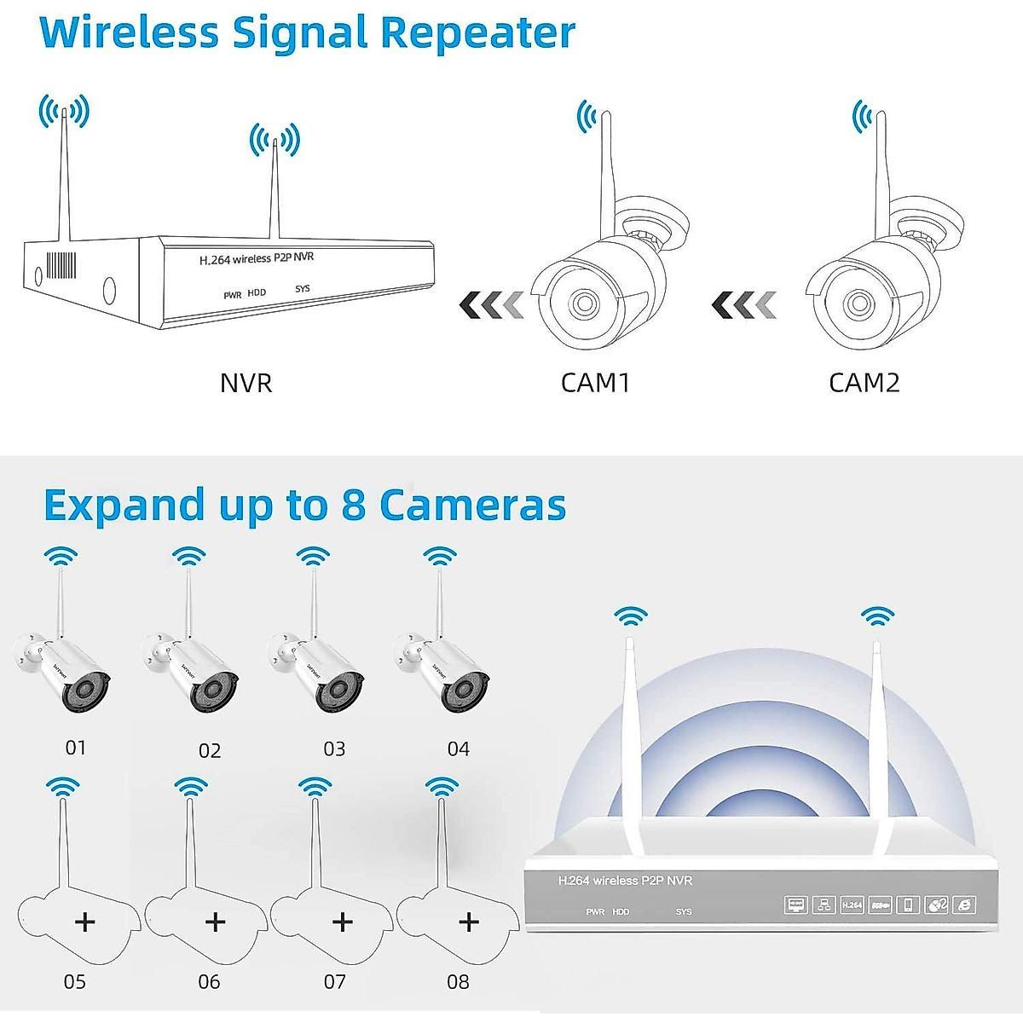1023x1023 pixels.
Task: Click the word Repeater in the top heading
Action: coord(477,34)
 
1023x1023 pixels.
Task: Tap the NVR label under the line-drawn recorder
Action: coord(246,383)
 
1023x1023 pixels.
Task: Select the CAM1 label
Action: coord(595,383)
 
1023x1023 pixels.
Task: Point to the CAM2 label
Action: coord(864,383)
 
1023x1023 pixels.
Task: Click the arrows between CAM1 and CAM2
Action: coord(744,304)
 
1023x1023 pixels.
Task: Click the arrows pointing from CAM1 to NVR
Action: coord(491,304)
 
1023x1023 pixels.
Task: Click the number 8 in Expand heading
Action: coord(353,505)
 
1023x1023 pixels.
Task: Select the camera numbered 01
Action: coord(64,669)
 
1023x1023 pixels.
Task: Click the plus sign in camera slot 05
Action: coord(85,922)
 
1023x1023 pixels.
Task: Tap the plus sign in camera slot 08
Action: coord(468,922)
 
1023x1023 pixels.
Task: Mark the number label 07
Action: coord(335,982)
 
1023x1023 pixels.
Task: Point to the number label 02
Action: coord(210,750)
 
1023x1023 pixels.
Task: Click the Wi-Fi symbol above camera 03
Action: coord(313,558)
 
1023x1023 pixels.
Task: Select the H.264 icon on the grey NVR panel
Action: coord(852,905)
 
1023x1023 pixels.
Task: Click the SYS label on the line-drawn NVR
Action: coord(303,289)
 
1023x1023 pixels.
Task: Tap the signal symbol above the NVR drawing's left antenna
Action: coord(64,111)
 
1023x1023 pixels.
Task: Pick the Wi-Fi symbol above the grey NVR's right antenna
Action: coord(877,616)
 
